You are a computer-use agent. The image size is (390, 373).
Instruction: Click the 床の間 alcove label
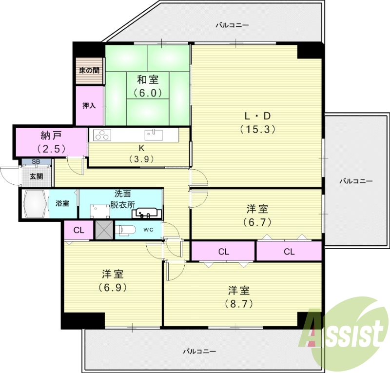[89, 70]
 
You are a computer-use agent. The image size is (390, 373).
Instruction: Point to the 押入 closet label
[89, 105]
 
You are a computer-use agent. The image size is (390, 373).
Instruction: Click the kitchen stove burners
[102, 135]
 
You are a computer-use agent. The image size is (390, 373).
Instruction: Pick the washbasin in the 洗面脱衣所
[146, 213]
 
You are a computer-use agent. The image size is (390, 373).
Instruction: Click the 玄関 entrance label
[36, 177]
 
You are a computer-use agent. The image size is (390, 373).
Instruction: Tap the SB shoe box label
[36, 162]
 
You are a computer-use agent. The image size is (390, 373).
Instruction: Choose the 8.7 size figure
[239, 303]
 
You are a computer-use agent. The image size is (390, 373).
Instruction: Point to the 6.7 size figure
[257, 222]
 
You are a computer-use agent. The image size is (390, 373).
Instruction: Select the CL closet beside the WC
[78, 230]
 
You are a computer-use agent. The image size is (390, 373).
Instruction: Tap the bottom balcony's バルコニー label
[199, 351]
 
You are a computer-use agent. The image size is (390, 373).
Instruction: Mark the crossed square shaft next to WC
[103, 230]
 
